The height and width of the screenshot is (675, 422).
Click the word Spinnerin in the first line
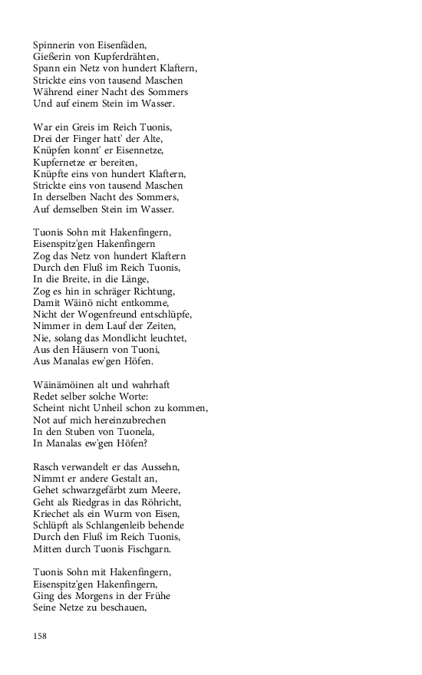55,44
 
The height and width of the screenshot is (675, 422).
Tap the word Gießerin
53,56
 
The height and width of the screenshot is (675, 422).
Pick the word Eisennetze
147,149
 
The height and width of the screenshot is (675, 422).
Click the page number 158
41,636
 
